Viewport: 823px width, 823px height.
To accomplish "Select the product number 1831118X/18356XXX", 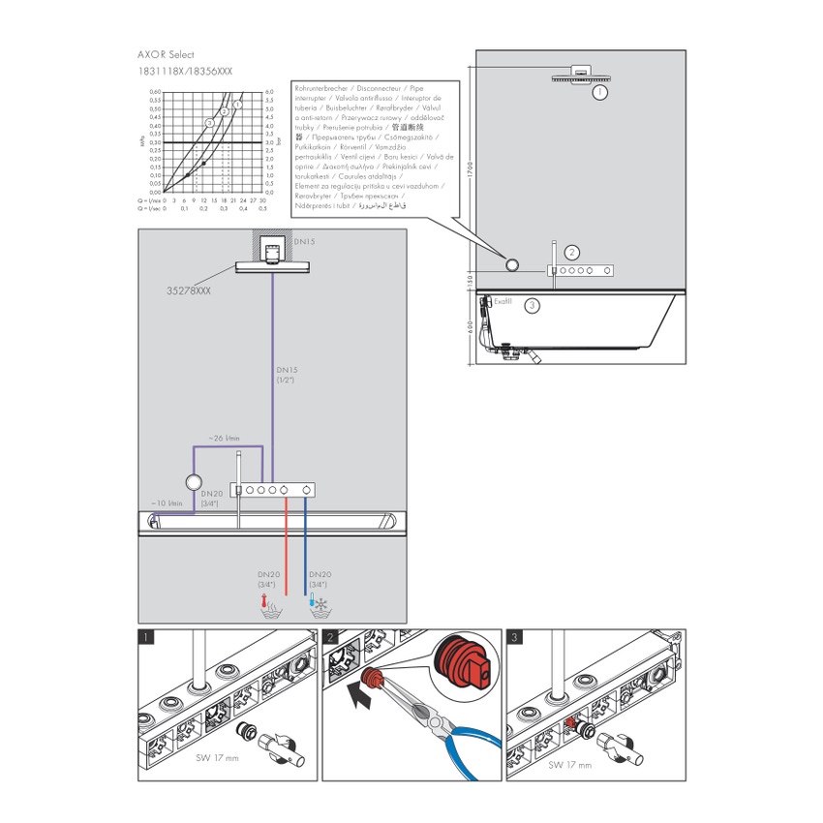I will tap(185, 72).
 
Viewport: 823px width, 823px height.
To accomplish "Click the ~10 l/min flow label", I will tap(167, 503).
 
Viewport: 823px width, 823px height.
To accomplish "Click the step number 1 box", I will tap(146, 638).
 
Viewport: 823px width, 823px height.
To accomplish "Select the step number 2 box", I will tap(331, 638).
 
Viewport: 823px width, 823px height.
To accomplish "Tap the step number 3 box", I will tap(515, 638).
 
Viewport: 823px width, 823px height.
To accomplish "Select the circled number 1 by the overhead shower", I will tap(600, 92).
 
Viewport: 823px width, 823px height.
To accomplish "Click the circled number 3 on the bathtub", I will tap(531, 306).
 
